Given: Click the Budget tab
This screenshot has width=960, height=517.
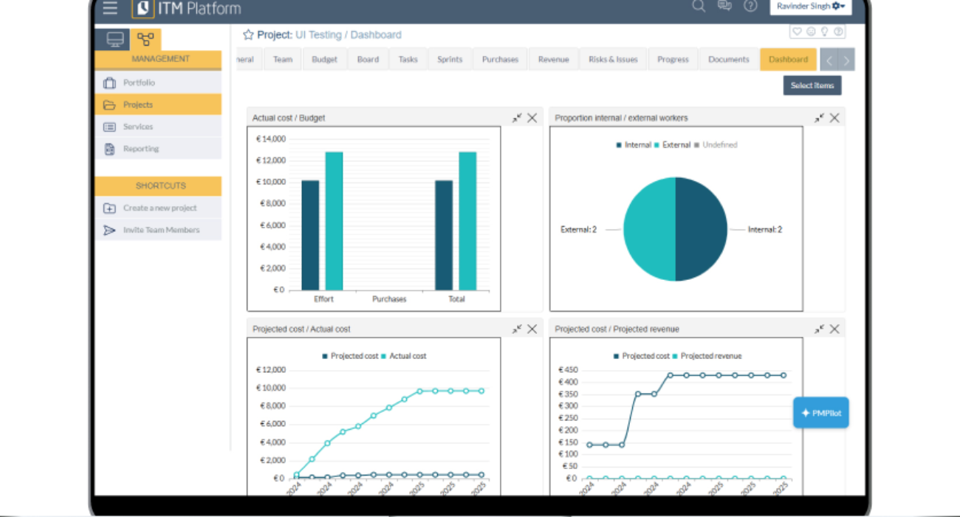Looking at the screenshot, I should [x=324, y=60].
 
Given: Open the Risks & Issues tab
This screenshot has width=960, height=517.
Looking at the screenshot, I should [x=613, y=60].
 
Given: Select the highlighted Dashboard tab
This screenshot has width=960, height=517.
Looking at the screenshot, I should [x=788, y=60].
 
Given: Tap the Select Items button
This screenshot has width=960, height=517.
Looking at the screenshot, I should [x=812, y=86].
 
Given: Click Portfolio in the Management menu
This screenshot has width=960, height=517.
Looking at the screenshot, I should [x=139, y=83].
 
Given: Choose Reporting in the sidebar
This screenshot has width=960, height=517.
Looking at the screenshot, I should [x=140, y=149].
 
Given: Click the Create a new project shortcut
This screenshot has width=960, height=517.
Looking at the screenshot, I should [x=160, y=208].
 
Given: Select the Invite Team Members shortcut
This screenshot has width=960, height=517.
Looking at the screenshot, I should [x=161, y=230].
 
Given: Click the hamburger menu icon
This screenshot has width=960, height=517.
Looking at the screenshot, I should [x=110, y=8].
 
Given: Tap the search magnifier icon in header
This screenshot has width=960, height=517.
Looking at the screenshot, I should [x=698, y=7].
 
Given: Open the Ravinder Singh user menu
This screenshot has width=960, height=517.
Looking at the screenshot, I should [x=810, y=7].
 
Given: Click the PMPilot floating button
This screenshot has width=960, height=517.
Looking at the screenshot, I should [x=821, y=413].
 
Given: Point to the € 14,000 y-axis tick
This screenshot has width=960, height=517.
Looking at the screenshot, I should [x=270, y=139].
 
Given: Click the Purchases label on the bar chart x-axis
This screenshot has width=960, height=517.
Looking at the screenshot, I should [x=389, y=299].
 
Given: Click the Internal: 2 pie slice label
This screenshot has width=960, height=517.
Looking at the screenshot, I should [x=764, y=230].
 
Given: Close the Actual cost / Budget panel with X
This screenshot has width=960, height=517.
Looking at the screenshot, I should [x=532, y=118].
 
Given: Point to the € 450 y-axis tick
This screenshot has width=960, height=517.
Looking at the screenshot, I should [x=567, y=370].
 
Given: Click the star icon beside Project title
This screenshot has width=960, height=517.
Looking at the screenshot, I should [x=248, y=35].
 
